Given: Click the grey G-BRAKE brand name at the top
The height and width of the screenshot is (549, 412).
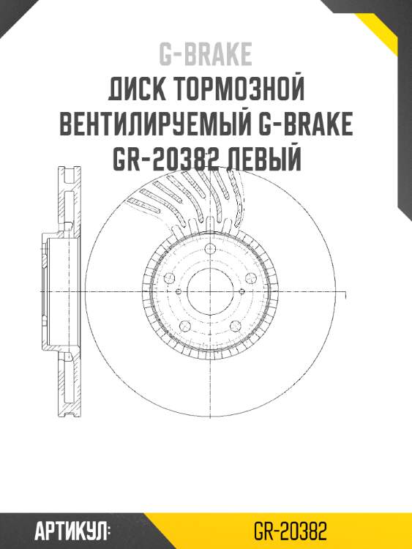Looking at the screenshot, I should pos(206,54).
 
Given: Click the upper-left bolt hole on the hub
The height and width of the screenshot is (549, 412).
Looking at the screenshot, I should pos(169,278).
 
